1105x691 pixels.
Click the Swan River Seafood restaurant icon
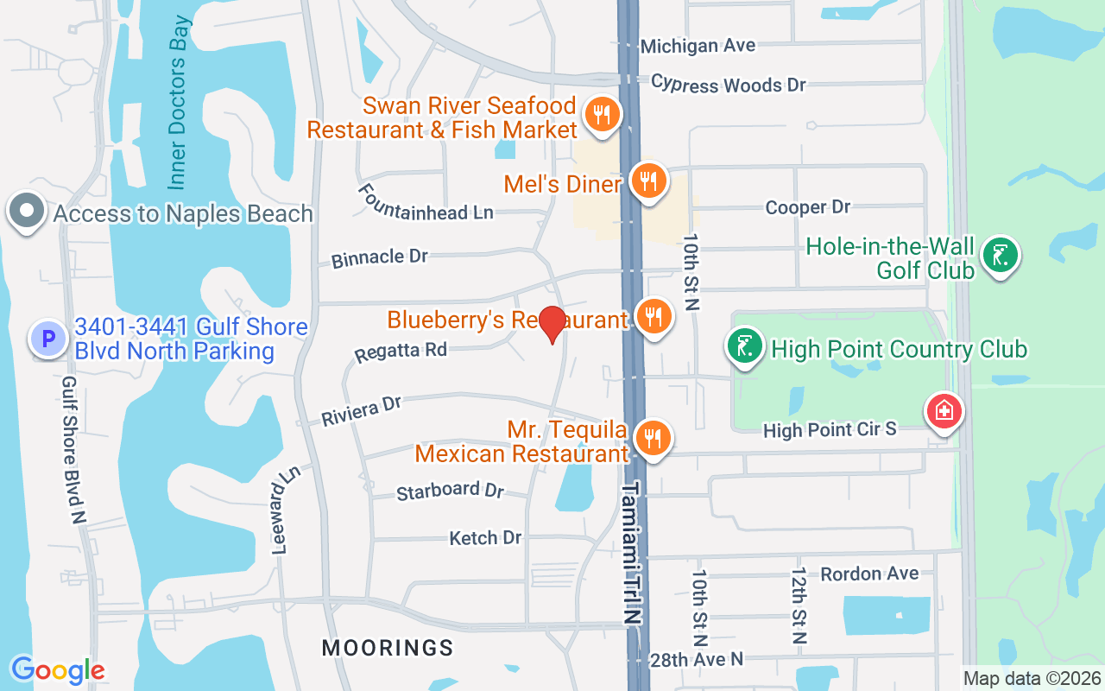click(x=602, y=114)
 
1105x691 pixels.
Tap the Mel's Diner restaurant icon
click(x=647, y=181)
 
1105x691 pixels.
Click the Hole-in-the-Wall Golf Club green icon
click(x=1001, y=256)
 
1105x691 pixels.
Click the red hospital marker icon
click(x=944, y=411)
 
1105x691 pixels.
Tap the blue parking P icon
click(x=47, y=339)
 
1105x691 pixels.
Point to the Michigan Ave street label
click(x=698, y=46)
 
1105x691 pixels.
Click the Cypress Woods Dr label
click(x=728, y=84)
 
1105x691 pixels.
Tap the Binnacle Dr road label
click(x=380, y=257)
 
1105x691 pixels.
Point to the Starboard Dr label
click(x=450, y=491)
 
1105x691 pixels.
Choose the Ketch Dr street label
click(x=485, y=538)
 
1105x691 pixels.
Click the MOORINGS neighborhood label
click(x=388, y=648)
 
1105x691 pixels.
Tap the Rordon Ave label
click(x=869, y=574)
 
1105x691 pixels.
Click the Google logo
click(x=58, y=669)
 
